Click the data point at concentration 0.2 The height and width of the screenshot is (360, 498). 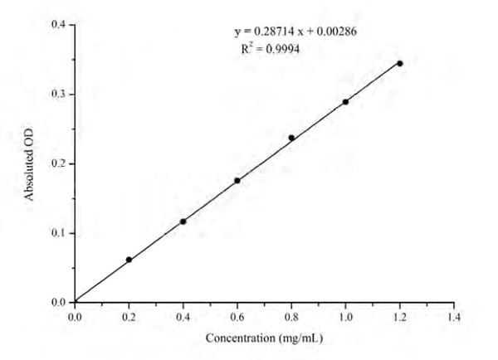[x=129, y=260]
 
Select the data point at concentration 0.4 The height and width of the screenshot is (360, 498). [x=183, y=221]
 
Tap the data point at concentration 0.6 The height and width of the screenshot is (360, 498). [x=237, y=181]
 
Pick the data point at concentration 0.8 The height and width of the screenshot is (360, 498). [x=291, y=138]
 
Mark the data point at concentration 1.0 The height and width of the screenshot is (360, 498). [x=345, y=102]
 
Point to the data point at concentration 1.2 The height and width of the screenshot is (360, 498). [x=400, y=64]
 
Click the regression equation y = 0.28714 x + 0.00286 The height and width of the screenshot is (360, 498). [x=295, y=32]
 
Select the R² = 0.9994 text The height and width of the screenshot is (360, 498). [x=270, y=49]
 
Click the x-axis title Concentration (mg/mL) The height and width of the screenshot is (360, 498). [x=264, y=338]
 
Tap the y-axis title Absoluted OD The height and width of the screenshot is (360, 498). [x=30, y=163]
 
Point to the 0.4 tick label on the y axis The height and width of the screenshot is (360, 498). [x=58, y=25]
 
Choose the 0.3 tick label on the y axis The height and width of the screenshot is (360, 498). [x=58, y=95]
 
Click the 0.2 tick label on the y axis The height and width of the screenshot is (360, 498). [x=58, y=164]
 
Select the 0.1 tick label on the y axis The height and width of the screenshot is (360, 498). [x=58, y=233]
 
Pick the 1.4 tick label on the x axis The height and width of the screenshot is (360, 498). [x=454, y=317]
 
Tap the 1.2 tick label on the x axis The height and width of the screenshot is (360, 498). [x=400, y=317]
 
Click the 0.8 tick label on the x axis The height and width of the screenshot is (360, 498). [x=291, y=317]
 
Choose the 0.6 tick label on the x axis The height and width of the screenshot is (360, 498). [x=237, y=317]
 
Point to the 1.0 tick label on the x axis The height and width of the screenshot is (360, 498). [x=345, y=317]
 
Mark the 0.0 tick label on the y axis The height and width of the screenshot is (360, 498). [x=58, y=303]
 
